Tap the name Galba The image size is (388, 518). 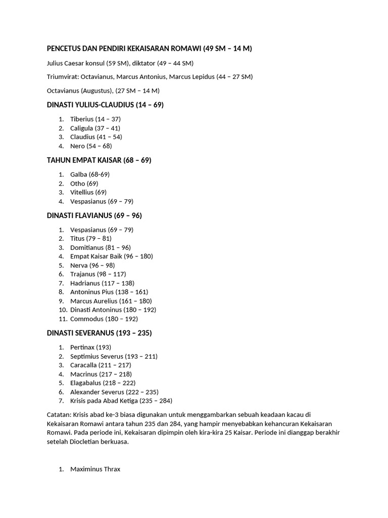pos(79,174)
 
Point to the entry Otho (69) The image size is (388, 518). pos(84,183)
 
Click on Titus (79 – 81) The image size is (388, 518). pos(91,238)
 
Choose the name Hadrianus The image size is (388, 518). pos(85,283)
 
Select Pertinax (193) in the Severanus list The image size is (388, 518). pos(83,347)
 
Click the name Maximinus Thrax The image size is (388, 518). pos(95,469)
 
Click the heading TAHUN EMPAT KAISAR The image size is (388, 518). pos(84,160)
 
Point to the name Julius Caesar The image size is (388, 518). pos(66,63)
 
